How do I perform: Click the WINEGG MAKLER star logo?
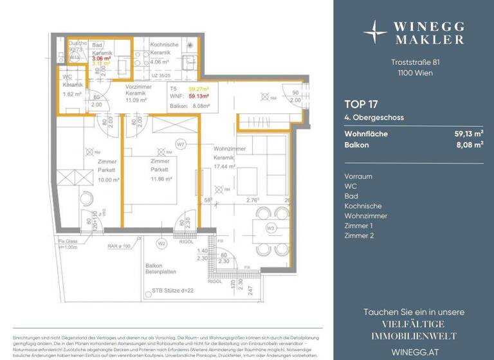375,31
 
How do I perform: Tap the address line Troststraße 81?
413,62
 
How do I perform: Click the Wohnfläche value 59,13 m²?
468,134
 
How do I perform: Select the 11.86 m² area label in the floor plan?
161,179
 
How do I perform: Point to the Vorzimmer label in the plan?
138,86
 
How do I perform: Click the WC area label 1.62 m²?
72,94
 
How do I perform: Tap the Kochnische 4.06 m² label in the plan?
160,62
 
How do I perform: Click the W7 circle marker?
181,145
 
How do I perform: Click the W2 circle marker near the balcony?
161,244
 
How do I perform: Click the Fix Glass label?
62,241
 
